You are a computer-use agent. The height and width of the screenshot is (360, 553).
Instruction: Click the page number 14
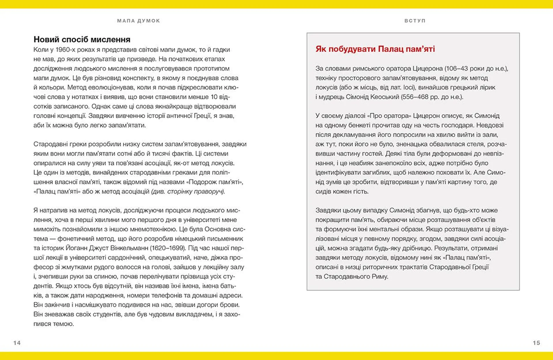coord(17,343)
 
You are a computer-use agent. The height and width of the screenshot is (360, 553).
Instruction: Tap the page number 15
coord(536,343)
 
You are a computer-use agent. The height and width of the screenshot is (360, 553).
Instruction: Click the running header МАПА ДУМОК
coord(139,21)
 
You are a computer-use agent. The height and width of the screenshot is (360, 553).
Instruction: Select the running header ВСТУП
coord(415,21)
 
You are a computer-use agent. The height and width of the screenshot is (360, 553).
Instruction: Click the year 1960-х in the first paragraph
coord(65,49)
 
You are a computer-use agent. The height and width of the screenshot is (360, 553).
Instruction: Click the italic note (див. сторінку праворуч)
coord(188,191)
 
